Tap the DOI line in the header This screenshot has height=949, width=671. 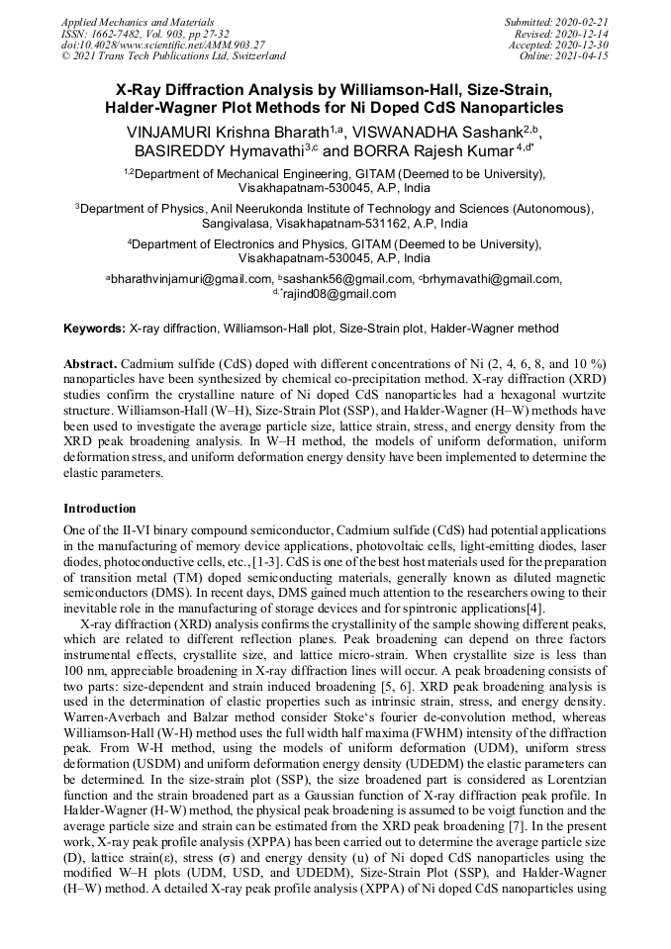(x=162, y=45)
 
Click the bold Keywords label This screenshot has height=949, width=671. (x=95, y=328)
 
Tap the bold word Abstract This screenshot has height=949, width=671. (x=90, y=362)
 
